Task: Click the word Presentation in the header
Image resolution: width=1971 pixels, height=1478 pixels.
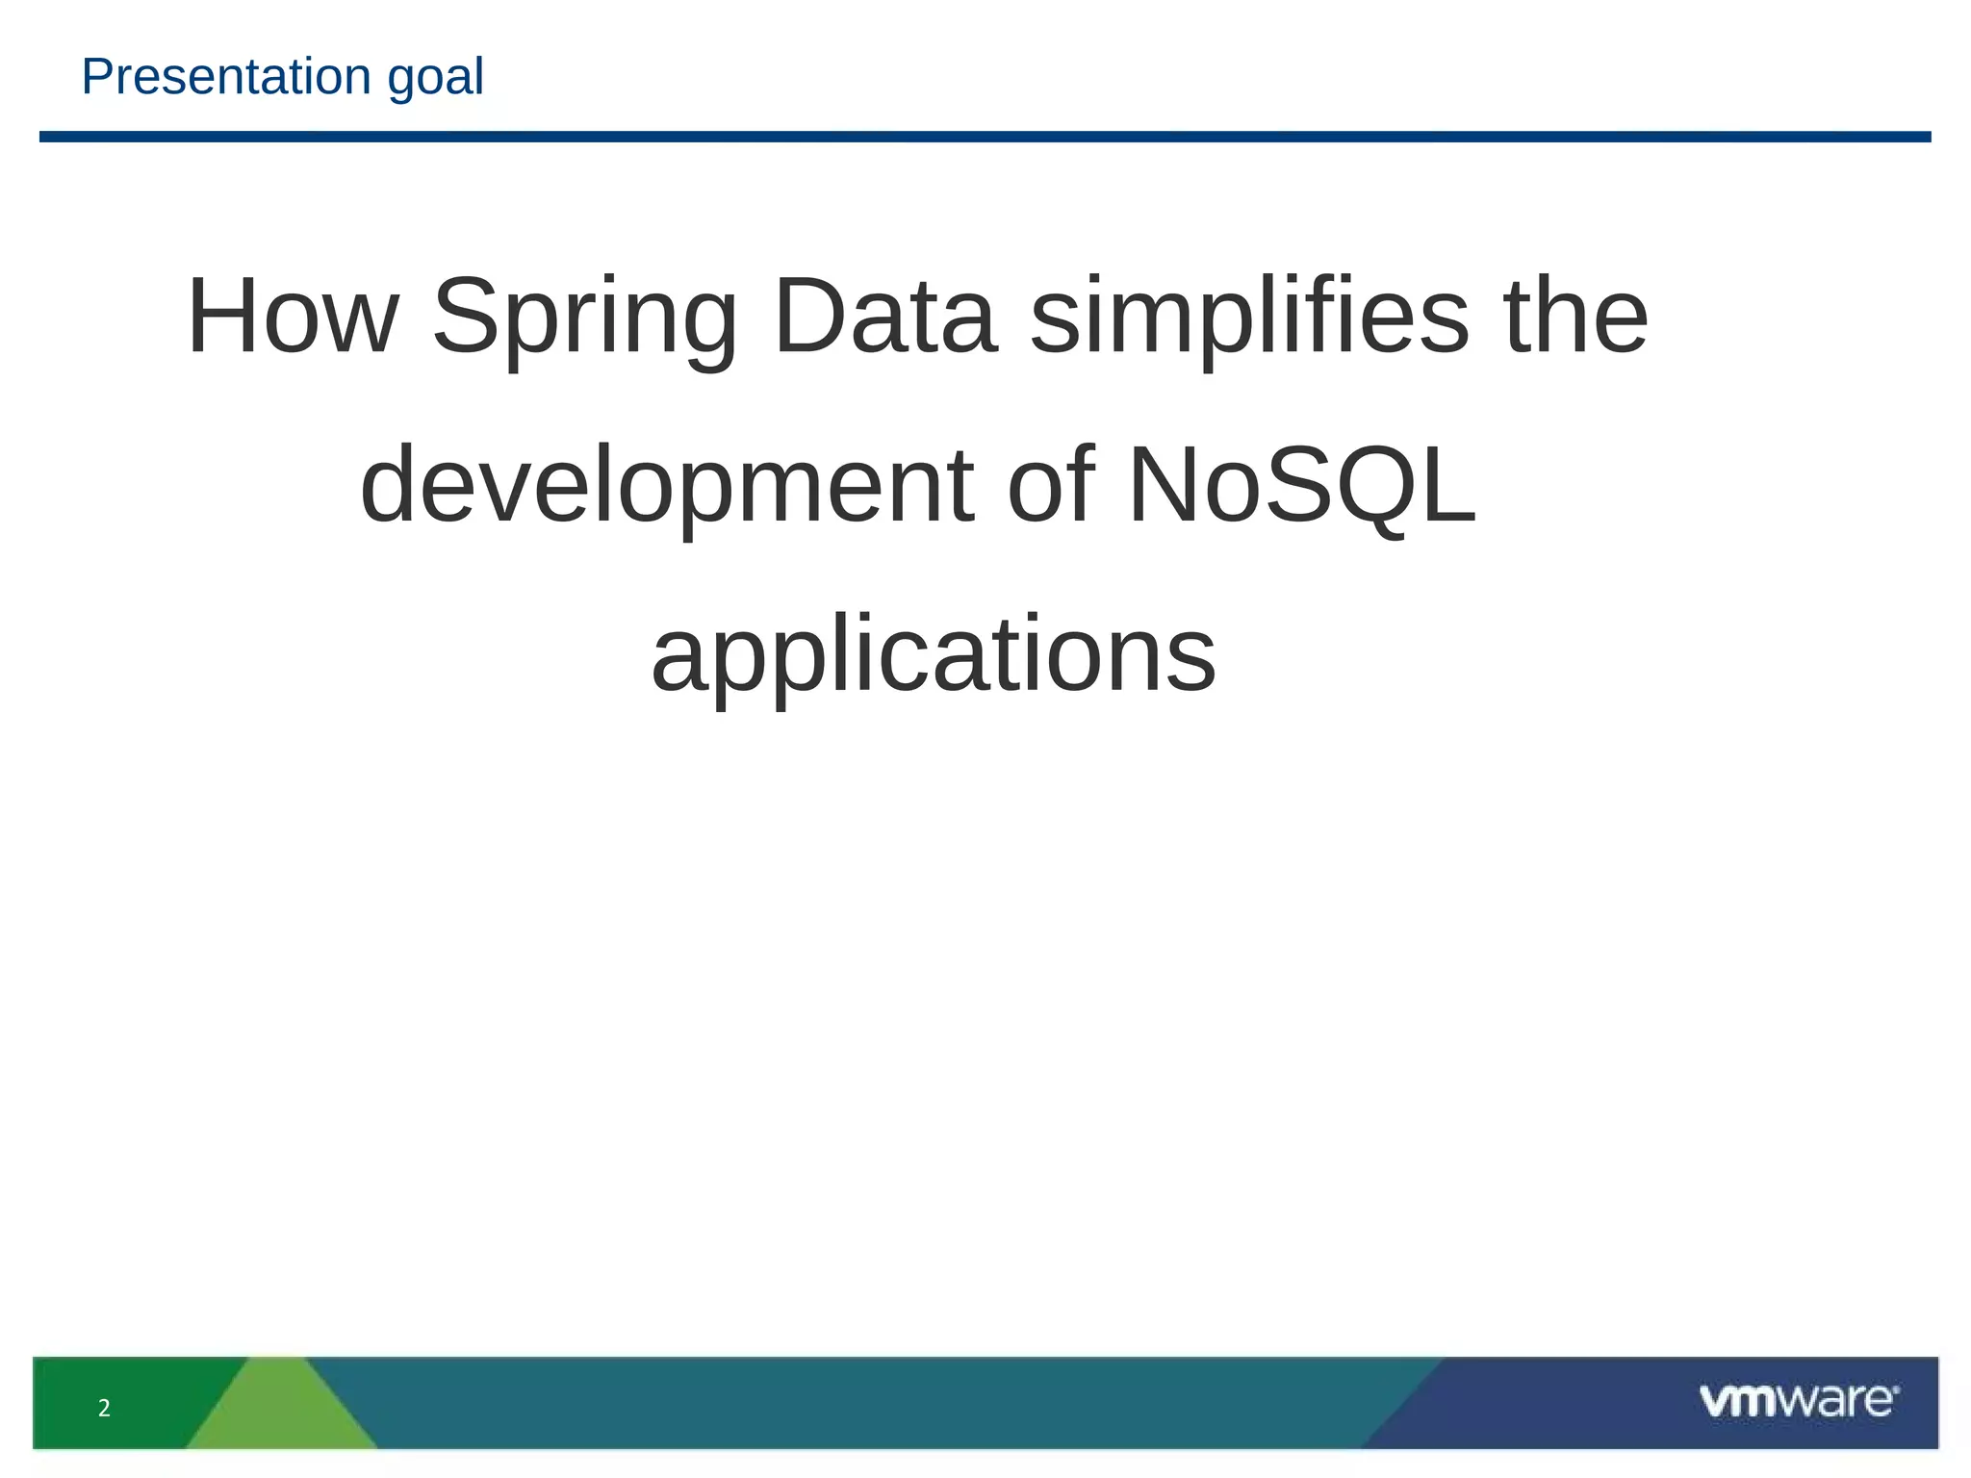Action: pyautogui.click(x=226, y=77)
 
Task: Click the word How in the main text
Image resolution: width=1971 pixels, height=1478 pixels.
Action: pyautogui.click(x=293, y=317)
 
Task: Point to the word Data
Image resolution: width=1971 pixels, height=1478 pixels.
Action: pyautogui.click(x=883, y=317)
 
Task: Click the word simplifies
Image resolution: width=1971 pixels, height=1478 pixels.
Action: pyautogui.click(x=1249, y=317)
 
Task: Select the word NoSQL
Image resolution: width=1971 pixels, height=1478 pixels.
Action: pyautogui.click(x=1301, y=486)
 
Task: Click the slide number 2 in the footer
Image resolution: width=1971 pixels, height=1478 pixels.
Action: pyautogui.click(x=104, y=1409)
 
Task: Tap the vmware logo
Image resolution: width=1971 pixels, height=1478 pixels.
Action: pyautogui.click(x=1798, y=1400)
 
